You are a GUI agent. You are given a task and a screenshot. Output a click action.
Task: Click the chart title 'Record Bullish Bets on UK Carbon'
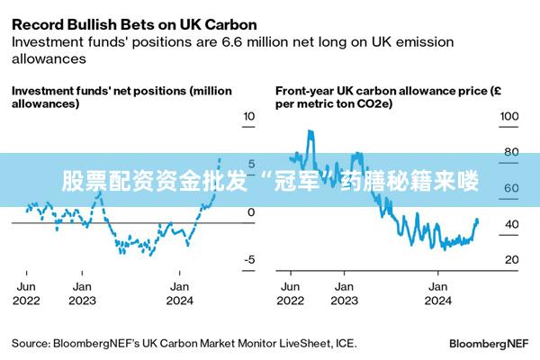coord(134,23)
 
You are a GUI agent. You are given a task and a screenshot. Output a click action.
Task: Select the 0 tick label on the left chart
coord(251,212)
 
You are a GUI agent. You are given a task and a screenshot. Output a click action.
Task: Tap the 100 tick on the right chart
coord(509,117)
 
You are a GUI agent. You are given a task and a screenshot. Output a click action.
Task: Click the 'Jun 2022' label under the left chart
coord(26,293)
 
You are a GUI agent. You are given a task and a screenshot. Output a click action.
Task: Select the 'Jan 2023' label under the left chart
coord(82,293)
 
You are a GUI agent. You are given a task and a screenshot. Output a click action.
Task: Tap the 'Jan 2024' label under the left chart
coord(181,293)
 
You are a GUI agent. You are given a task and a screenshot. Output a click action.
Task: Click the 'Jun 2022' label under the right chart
coord(292,293)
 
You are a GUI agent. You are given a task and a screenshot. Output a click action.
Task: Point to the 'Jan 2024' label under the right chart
coord(438,293)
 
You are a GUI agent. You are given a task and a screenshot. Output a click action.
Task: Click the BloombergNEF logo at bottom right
coord(489,344)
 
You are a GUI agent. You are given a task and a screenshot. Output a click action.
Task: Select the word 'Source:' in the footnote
coord(31,343)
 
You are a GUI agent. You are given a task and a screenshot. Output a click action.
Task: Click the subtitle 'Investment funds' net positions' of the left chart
coord(121,97)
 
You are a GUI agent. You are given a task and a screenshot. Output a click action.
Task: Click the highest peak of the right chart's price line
coord(310,131)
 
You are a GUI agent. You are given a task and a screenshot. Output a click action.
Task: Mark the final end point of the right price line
coord(477,220)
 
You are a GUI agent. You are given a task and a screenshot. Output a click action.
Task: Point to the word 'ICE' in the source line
coord(345,343)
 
